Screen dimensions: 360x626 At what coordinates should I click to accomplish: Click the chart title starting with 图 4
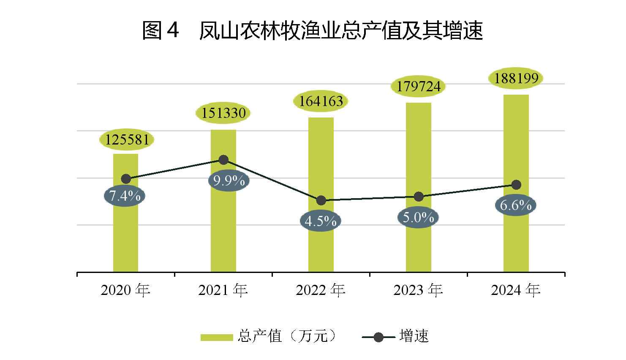[x=312, y=31]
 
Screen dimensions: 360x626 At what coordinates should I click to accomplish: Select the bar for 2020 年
[x=125, y=237]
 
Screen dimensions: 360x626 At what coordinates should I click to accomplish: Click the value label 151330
[x=223, y=113]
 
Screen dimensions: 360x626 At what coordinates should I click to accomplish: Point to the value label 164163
[x=321, y=101]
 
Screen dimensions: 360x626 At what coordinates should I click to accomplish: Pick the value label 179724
[x=418, y=87]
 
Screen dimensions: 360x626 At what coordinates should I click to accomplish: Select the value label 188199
[x=516, y=79]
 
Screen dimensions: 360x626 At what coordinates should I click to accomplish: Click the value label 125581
[x=127, y=139]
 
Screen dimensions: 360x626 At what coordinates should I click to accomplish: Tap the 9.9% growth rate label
[x=229, y=181]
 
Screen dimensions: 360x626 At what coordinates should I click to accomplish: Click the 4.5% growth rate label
[x=320, y=221]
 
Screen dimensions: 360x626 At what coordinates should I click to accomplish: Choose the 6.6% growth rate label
[x=515, y=205]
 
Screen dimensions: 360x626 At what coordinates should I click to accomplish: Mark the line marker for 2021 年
[x=223, y=160]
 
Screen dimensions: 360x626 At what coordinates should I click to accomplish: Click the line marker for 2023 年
[x=419, y=196]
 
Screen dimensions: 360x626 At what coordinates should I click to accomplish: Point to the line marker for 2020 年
[x=126, y=179]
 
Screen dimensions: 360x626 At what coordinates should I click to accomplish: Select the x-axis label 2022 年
[x=321, y=290]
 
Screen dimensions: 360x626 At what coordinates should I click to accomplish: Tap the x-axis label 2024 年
[x=516, y=290]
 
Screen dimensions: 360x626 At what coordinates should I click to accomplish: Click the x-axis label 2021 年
[x=223, y=290]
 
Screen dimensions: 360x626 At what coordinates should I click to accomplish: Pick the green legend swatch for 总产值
[x=217, y=337]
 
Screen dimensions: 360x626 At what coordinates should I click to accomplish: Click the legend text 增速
[x=414, y=336]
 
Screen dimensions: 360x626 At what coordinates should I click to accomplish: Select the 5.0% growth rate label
[x=418, y=218]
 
